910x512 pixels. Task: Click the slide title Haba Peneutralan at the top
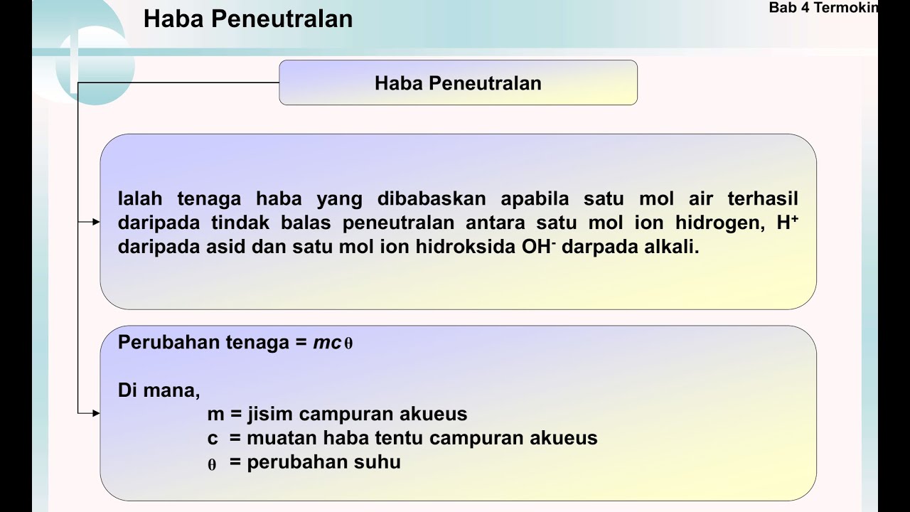click(247, 19)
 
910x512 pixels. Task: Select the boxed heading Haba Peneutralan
click(458, 83)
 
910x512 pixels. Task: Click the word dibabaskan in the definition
click(432, 198)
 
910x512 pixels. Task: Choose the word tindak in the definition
click(240, 223)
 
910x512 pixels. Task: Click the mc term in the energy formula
click(327, 343)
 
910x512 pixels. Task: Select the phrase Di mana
click(159, 390)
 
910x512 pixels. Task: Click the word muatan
click(282, 438)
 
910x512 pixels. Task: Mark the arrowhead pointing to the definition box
click(96, 222)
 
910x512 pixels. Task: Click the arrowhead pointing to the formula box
click(96, 412)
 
